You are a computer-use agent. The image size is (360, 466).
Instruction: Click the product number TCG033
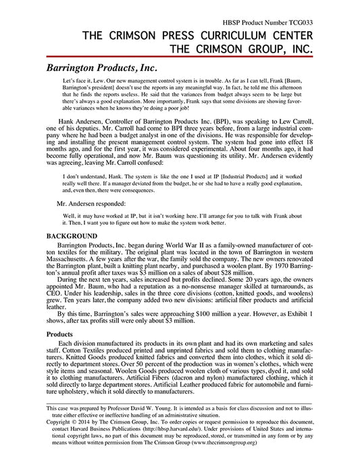coord(317,22)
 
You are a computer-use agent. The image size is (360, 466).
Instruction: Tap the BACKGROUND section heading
coord(72,235)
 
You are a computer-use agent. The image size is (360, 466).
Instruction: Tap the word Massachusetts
coord(73,256)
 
